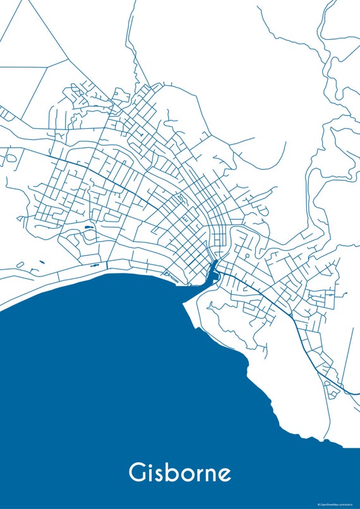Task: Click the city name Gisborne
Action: pyautogui.click(x=180, y=472)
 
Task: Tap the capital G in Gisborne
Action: pyautogui.click(x=138, y=472)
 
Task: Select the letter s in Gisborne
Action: pyautogui.click(x=162, y=474)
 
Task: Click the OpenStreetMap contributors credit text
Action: pyautogui.click(x=338, y=504)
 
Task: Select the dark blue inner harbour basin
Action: pyautogui.click(x=213, y=270)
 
